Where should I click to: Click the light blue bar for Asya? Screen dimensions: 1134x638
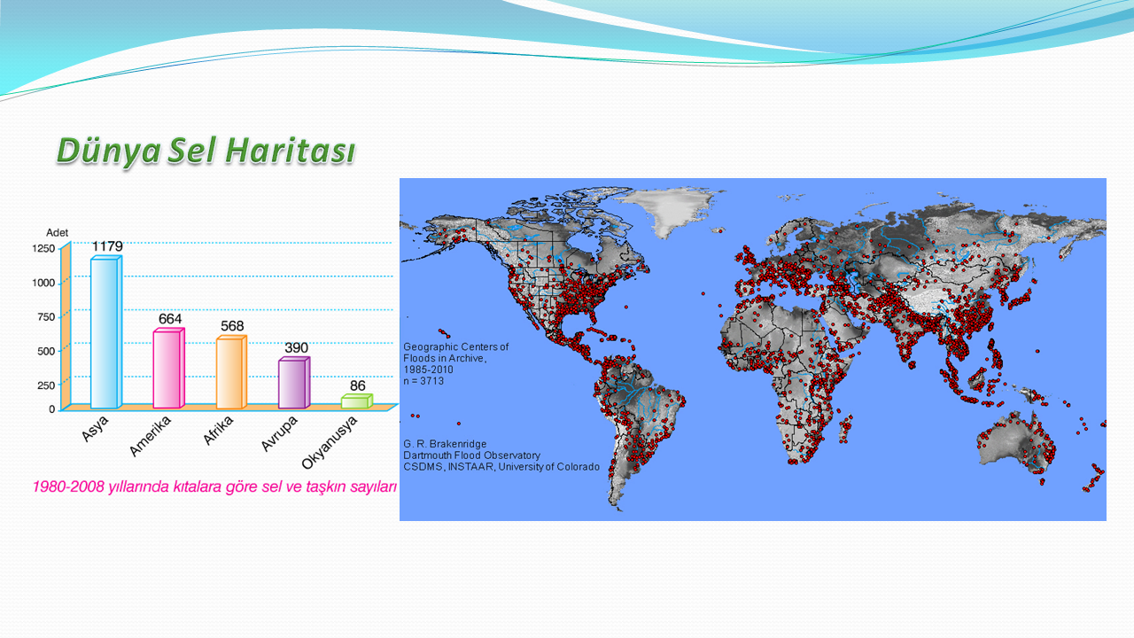point(106,332)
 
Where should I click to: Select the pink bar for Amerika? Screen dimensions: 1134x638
point(168,368)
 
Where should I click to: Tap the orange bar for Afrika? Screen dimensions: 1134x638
point(231,372)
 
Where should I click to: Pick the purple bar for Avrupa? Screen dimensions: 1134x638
point(294,383)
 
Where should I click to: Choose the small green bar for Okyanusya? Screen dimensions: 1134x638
point(357,401)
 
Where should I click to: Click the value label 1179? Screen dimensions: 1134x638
point(107,246)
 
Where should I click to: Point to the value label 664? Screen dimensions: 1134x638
point(170,319)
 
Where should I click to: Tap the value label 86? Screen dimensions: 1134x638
point(357,385)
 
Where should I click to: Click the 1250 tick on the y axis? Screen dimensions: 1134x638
point(43,249)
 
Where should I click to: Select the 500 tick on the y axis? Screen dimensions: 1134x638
point(46,352)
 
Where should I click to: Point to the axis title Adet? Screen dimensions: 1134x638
point(57,233)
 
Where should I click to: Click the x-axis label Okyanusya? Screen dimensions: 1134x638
point(330,443)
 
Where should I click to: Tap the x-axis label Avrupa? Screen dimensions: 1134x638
point(279,434)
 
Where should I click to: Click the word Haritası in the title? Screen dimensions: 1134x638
point(290,151)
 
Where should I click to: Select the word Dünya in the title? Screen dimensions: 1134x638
point(108,151)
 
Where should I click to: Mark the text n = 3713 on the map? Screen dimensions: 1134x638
point(423,381)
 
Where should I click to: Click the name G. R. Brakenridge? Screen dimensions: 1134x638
point(445,444)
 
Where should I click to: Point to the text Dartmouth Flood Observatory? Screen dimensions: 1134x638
point(472,455)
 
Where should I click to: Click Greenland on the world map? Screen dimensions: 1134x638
point(668,207)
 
